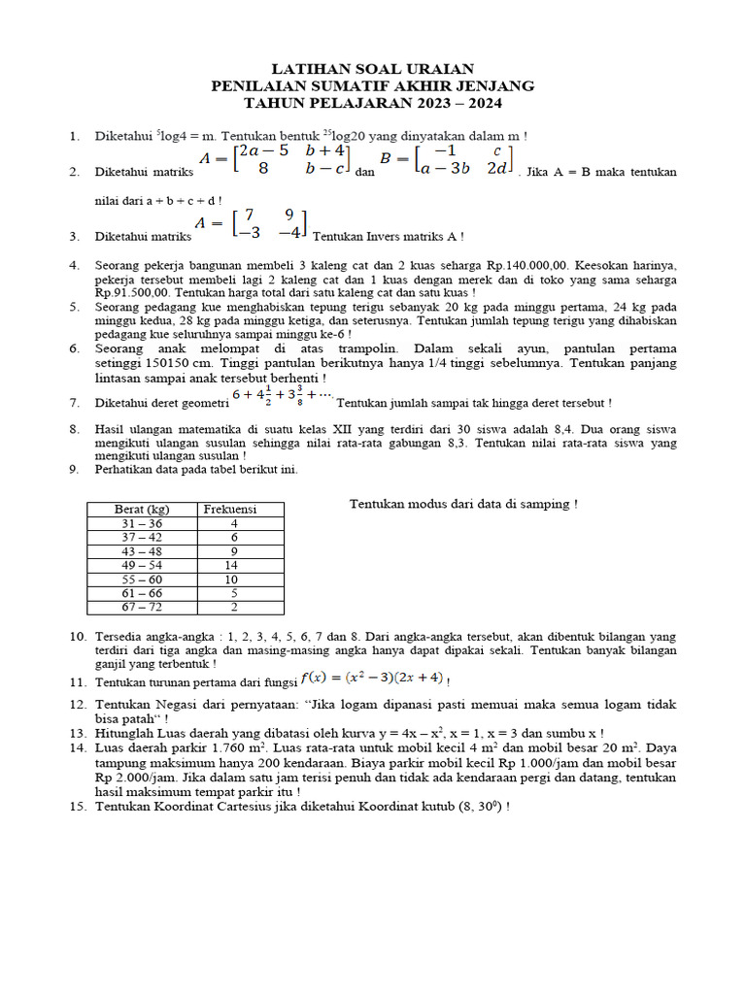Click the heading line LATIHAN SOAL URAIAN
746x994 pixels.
click(373, 68)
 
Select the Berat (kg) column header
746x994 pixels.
click(142, 509)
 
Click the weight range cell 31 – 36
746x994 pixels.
click(142, 523)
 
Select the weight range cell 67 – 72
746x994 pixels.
click(142, 608)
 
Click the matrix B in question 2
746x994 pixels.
click(446, 159)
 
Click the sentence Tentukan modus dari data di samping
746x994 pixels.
click(463, 504)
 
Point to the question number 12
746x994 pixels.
click(77, 705)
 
